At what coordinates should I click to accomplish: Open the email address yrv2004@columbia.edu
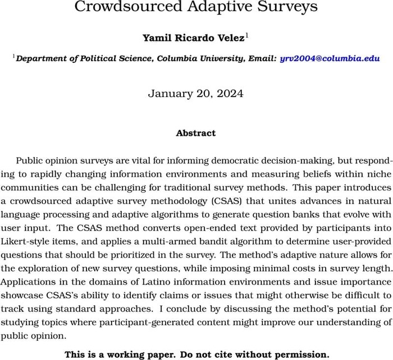point(330,58)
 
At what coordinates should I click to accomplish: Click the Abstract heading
point(195,133)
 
